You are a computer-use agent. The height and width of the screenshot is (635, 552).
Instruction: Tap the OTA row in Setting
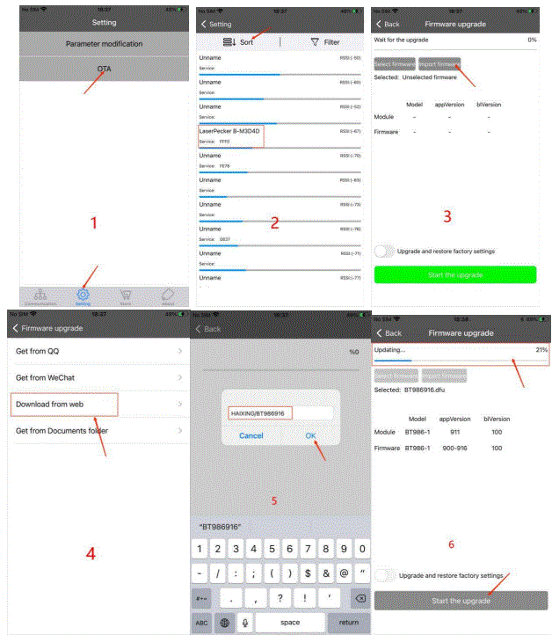click(105, 69)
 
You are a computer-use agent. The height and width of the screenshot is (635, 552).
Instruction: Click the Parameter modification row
click(105, 43)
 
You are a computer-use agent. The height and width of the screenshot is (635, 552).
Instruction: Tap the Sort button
click(240, 41)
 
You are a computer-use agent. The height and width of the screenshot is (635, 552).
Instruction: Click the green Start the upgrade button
click(455, 274)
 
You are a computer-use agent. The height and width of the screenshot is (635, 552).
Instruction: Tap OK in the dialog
click(310, 434)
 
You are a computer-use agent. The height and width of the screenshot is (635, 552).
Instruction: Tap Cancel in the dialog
click(251, 434)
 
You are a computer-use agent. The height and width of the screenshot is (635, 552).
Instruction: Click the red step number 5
click(274, 501)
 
